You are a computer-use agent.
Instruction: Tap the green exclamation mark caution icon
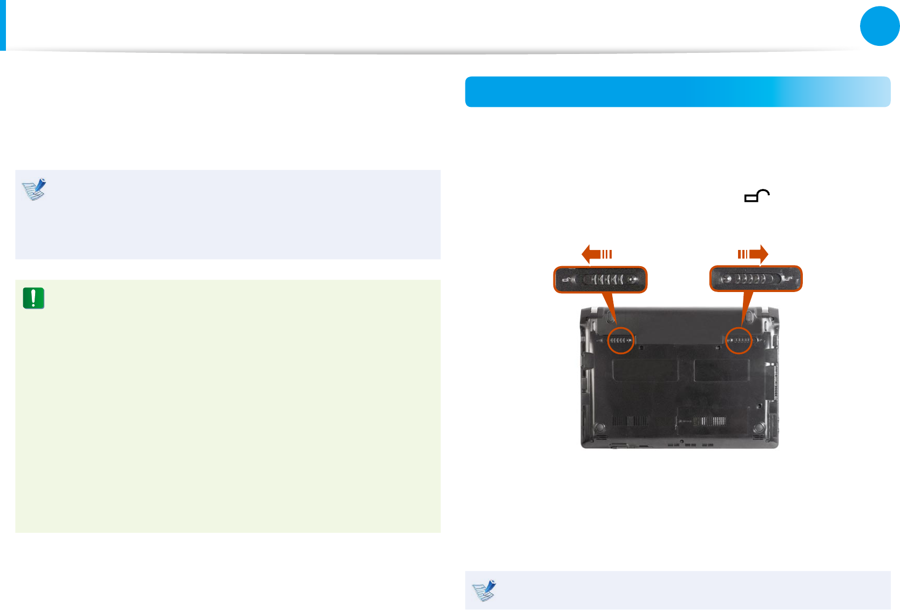click(33, 298)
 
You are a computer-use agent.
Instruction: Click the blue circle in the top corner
click(879, 26)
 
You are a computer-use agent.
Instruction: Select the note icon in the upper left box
click(35, 189)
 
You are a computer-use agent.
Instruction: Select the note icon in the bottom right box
click(484, 591)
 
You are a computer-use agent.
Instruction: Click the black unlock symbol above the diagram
click(757, 196)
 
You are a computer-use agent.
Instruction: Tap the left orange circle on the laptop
click(621, 341)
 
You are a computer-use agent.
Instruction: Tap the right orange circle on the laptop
click(739, 341)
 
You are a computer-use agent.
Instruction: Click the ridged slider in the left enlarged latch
click(608, 280)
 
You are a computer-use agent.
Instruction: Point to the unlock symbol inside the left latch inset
click(567, 280)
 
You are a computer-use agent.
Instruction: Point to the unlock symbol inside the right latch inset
click(790, 279)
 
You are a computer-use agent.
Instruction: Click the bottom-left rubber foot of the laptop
click(599, 428)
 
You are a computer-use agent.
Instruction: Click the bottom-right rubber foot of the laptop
click(759, 427)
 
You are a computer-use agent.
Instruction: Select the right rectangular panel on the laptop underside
click(721, 371)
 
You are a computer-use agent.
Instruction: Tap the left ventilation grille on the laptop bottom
click(630, 421)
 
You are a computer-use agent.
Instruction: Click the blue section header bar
click(678, 92)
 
